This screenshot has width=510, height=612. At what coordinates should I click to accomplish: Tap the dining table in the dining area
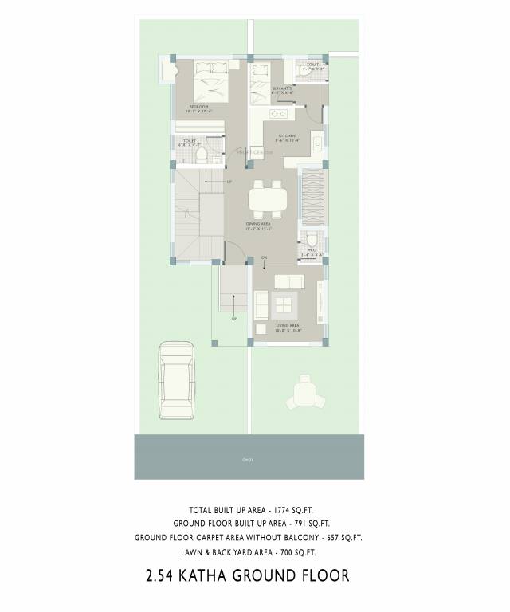(x=264, y=198)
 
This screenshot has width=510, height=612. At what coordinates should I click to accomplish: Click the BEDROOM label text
(x=198, y=106)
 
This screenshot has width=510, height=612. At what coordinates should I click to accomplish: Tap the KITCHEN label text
(x=287, y=136)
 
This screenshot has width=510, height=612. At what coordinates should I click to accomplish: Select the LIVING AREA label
(x=287, y=325)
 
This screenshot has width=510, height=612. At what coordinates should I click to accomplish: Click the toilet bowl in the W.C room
(x=312, y=240)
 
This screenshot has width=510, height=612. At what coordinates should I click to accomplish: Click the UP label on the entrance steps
(x=233, y=319)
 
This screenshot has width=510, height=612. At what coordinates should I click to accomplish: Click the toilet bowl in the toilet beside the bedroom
(x=202, y=151)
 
